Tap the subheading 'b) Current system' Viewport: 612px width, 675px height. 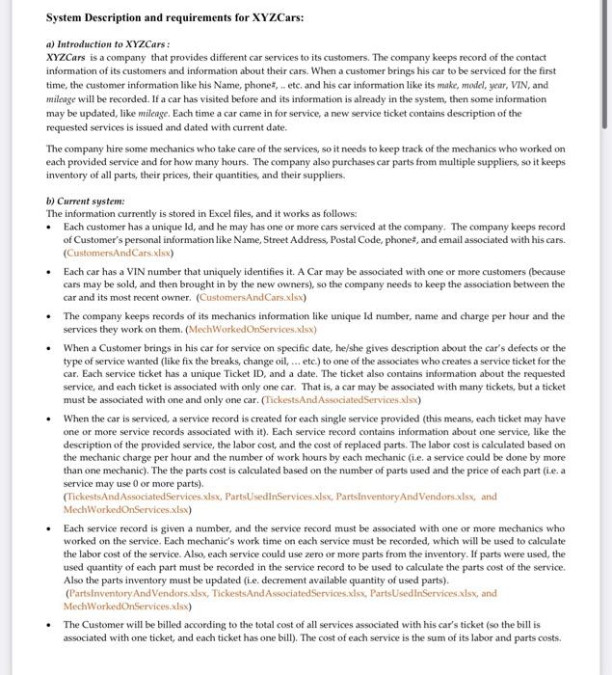85,201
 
